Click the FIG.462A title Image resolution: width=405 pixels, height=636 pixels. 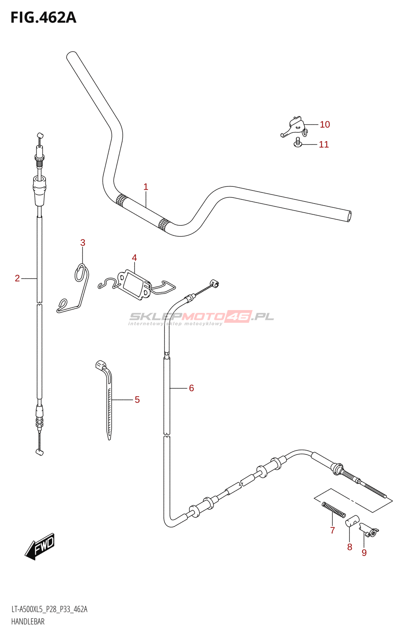pyautogui.click(x=43, y=17)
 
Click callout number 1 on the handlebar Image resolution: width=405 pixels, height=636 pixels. pyautogui.click(x=146, y=186)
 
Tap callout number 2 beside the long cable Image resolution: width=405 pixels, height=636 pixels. pyautogui.click(x=17, y=278)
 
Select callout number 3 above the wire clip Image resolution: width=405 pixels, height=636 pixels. pyautogui.click(x=83, y=242)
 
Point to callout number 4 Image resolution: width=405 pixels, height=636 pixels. pyautogui.click(x=134, y=258)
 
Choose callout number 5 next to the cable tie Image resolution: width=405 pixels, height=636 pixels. pyautogui.click(x=137, y=399)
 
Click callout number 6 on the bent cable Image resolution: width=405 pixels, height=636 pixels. pyautogui.click(x=191, y=388)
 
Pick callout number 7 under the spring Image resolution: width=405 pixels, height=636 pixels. pyautogui.click(x=333, y=530)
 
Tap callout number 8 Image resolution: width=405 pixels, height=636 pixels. pyautogui.click(x=349, y=547)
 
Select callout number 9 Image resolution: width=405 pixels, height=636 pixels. pyautogui.click(x=364, y=553)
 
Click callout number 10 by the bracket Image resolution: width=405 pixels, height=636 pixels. pyautogui.click(x=325, y=124)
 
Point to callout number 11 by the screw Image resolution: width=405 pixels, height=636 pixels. pyautogui.click(x=324, y=144)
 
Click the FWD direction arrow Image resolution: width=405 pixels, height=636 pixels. pyautogui.click(x=40, y=546)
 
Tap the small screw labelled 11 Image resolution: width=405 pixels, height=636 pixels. pyautogui.click(x=297, y=143)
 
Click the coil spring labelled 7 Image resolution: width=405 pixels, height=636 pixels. pyautogui.click(x=334, y=510)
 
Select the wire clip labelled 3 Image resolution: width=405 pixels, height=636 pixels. pyautogui.click(x=75, y=290)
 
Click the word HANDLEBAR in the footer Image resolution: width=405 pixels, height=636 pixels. pyautogui.click(x=28, y=622)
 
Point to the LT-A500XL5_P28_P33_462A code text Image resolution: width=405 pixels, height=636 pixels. pyautogui.click(x=49, y=609)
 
